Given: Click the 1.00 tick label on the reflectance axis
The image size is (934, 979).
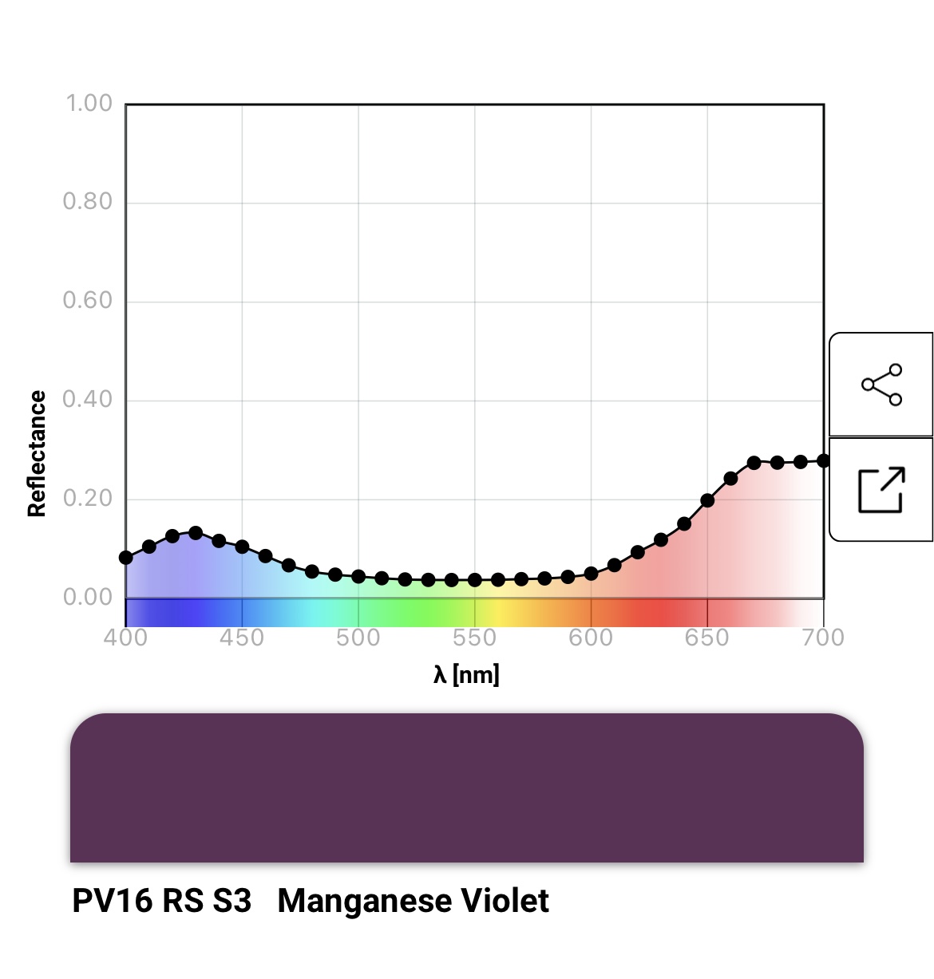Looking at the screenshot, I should coord(89,104).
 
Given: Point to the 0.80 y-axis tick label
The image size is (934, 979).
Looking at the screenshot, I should coord(88,202).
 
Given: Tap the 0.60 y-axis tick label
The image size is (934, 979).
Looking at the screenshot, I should coord(88,301).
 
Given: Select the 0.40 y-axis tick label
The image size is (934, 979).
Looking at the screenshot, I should coord(88,400).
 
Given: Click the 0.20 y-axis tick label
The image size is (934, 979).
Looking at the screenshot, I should coord(88,499).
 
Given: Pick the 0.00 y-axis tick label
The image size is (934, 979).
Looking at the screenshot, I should coord(88,598).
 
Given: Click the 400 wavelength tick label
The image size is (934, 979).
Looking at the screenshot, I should coord(125,638).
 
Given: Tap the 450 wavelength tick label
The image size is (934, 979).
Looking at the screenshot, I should coord(242,638).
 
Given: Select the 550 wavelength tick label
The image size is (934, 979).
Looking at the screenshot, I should coord(474,638).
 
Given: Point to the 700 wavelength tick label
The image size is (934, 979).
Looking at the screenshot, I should coord(823,638).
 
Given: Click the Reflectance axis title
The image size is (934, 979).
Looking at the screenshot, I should coord(37,454).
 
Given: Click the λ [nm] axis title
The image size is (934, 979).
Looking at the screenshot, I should coord(466,675).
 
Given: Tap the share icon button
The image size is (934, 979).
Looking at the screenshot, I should coord(881,385).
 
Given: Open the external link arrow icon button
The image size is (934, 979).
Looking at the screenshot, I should coord(881,489).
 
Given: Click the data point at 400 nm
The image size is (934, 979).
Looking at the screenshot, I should coord(126,557).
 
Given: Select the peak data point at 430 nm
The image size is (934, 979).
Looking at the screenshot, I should coord(196,532).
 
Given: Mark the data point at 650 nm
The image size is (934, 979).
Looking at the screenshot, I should coord(707,500).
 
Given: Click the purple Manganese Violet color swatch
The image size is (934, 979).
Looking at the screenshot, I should coord(466,788).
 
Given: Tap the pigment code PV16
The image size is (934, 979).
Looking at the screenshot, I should coord(112,902).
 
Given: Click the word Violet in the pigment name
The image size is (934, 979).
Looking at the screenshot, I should coord(508,902).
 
